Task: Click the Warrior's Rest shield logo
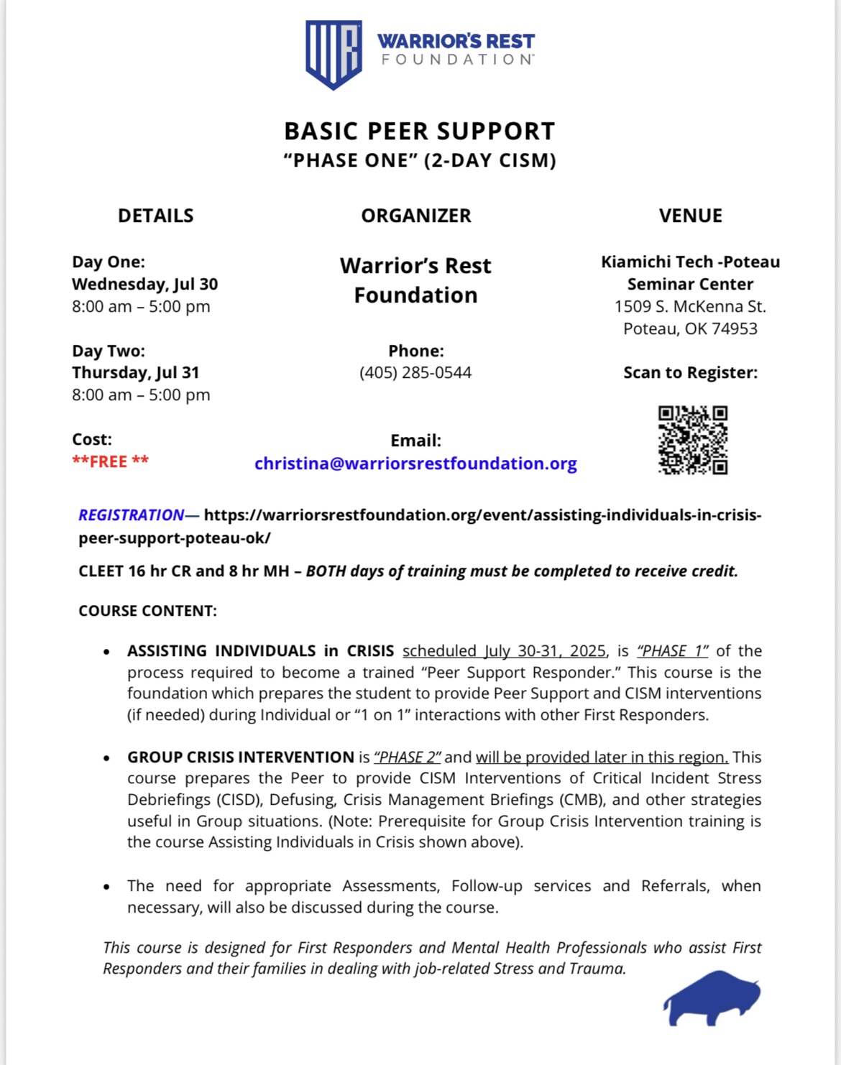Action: click(334, 54)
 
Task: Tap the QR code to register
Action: click(693, 440)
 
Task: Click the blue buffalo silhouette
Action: click(712, 997)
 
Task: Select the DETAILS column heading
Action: click(155, 216)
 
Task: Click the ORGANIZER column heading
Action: click(416, 216)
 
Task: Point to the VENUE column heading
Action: click(691, 216)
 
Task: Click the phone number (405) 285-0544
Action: click(415, 372)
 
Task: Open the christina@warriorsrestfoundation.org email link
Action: click(415, 464)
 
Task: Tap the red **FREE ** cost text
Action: click(110, 461)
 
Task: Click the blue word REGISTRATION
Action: click(132, 515)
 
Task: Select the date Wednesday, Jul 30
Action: click(144, 284)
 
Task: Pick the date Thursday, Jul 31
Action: click(135, 372)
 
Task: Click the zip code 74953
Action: click(734, 328)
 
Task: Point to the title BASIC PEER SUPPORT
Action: click(420, 132)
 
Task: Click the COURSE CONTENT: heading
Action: click(147, 611)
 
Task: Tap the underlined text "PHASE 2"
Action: click(408, 757)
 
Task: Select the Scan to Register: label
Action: click(690, 372)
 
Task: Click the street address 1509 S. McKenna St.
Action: click(690, 306)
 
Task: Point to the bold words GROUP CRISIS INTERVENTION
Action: click(241, 757)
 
